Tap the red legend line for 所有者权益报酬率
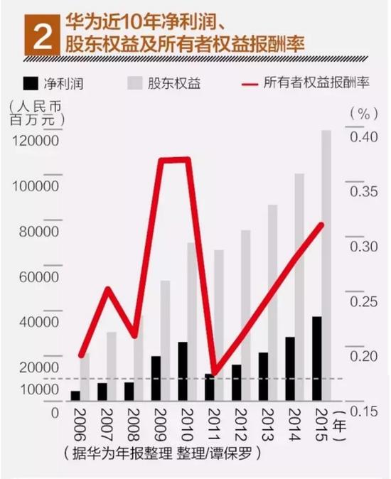point(245,84)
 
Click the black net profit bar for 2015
point(316,359)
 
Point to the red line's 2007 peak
point(107,289)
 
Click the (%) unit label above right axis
point(362,113)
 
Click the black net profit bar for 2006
point(75,396)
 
